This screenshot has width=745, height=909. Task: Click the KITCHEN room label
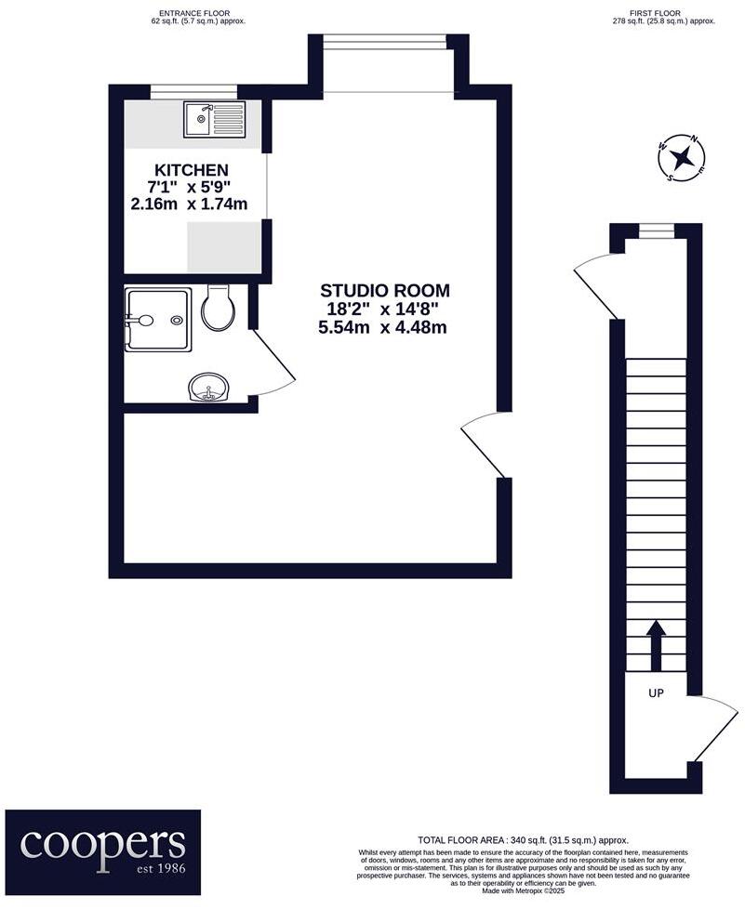coord(191,170)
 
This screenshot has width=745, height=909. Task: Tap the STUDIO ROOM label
coord(385,291)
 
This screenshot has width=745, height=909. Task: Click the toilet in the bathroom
coord(219,308)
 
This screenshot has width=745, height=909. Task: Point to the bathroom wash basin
coord(208,387)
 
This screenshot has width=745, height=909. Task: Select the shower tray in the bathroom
coord(158,320)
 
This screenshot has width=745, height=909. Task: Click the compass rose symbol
coord(682,157)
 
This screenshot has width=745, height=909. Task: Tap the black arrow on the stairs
coord(656,645)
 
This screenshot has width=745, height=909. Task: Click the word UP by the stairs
coord(656,692)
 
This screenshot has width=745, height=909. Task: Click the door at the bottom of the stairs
coord(713,730)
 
